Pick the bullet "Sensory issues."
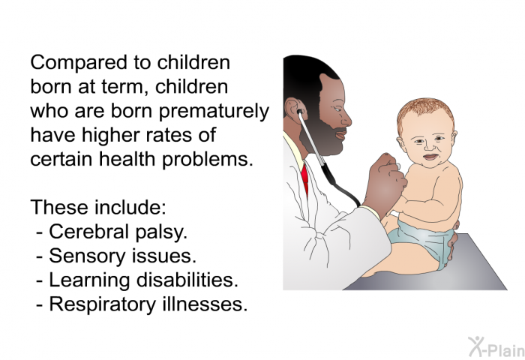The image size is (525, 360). (x=122, y=256)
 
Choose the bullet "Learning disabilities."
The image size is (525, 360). (x=144, y=280)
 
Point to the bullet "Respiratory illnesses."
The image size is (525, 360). (x=148, y=304)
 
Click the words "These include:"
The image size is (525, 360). (x=98, y=207)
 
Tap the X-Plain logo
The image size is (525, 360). (x=496, y=346)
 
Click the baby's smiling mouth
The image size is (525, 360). (x=430, y=157)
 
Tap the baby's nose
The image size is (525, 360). (x=429, y=146)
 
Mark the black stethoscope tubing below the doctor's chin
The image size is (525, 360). (x=337, y=184)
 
